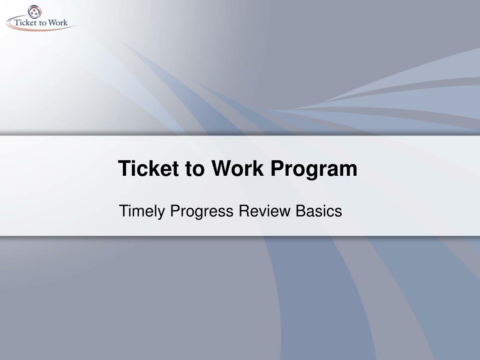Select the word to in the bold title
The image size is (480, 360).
(x=194, y=169)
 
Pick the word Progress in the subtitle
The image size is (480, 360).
(x=201, y=212)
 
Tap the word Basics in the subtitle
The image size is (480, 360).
(x=319, y=211)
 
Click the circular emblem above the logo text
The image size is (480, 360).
(x=35, y=11)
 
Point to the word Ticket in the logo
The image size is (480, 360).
(x=26, y=22)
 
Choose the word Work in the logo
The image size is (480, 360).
(x=58, y=22)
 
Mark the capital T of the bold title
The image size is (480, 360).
(x=124, y=169)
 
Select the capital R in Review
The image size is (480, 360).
(x=243, y=211)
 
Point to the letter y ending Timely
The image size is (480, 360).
(x=162, y=213)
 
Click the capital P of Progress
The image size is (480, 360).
(x=174, y=211)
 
